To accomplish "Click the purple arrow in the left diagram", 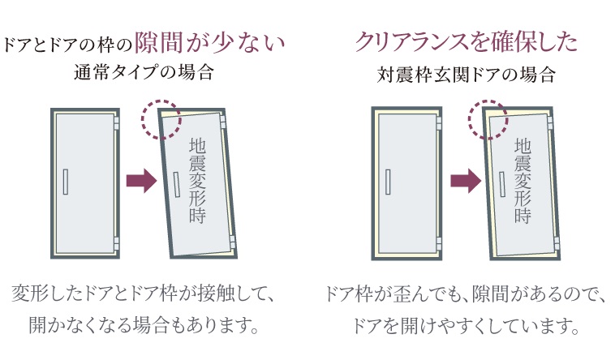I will (141, 181).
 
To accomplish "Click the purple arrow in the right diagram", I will (465, 181).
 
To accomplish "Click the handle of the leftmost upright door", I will (67, 181).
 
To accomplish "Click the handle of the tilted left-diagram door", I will (177, 183).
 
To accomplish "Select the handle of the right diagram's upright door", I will (389, 181).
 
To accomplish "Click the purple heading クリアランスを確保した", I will (467, 41).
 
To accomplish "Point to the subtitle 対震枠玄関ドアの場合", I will (467, 75).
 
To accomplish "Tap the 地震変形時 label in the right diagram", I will (523, 180).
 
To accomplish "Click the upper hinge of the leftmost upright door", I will (118, 122).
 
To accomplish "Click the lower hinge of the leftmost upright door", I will (118, 242).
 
